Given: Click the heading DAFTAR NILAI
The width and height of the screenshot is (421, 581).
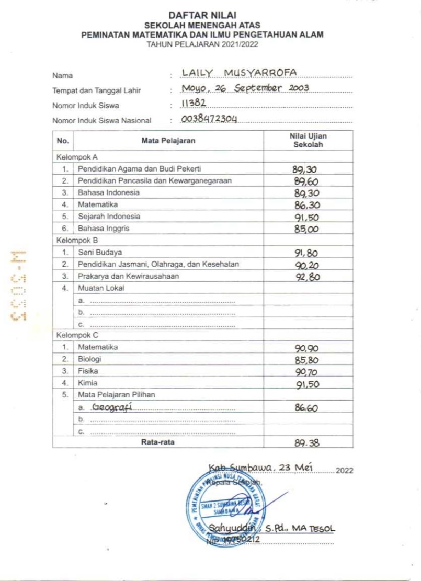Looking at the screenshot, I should pos(202,17).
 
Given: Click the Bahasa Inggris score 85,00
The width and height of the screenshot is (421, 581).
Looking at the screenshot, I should pos(306,229).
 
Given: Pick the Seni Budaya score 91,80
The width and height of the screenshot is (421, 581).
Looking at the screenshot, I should pos(306,253).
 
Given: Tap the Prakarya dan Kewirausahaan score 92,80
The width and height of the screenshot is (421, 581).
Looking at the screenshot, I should pos(306,277).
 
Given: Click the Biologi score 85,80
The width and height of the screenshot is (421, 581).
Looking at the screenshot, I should pos(306,360).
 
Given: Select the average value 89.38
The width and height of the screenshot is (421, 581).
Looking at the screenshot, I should pos(306,442).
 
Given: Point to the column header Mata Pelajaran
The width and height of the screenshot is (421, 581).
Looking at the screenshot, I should pos(168,141).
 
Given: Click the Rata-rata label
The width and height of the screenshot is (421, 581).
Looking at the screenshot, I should pos(157,442).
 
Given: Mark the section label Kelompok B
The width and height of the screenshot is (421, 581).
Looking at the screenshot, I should pos(77,241).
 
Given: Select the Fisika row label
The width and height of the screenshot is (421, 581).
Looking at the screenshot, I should pos(87,371).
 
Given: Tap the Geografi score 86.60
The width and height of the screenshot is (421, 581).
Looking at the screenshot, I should pos(306,407).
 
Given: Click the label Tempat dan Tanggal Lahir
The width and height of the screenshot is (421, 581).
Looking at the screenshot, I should pos(96,90).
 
